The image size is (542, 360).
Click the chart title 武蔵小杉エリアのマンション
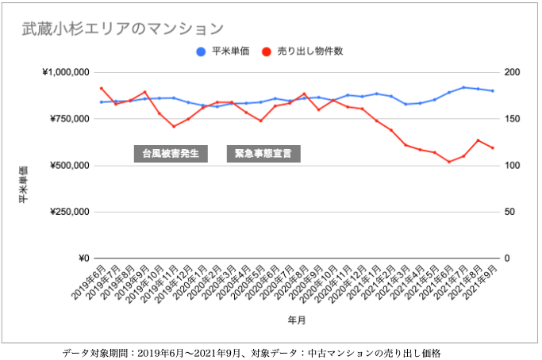coord(122,29)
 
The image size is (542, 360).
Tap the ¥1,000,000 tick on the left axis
coord(64,73)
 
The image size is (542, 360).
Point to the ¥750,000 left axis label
coord(67,119)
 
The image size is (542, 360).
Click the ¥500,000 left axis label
coord(67,166)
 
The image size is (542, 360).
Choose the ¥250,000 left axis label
coord(67,212)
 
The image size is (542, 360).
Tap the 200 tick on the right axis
coord(513,73)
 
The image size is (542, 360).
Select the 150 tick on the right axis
coord(513,119)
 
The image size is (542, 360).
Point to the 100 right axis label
coord(513,166)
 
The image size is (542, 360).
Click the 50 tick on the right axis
coord(510,212)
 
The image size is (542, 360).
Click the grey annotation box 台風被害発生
coord(171,153)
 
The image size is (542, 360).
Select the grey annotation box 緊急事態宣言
coord(263,153)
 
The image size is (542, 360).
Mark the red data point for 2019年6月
coord(101,88)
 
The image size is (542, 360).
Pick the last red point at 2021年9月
coord(492,147)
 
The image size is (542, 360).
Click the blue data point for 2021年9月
coord(492,91)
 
